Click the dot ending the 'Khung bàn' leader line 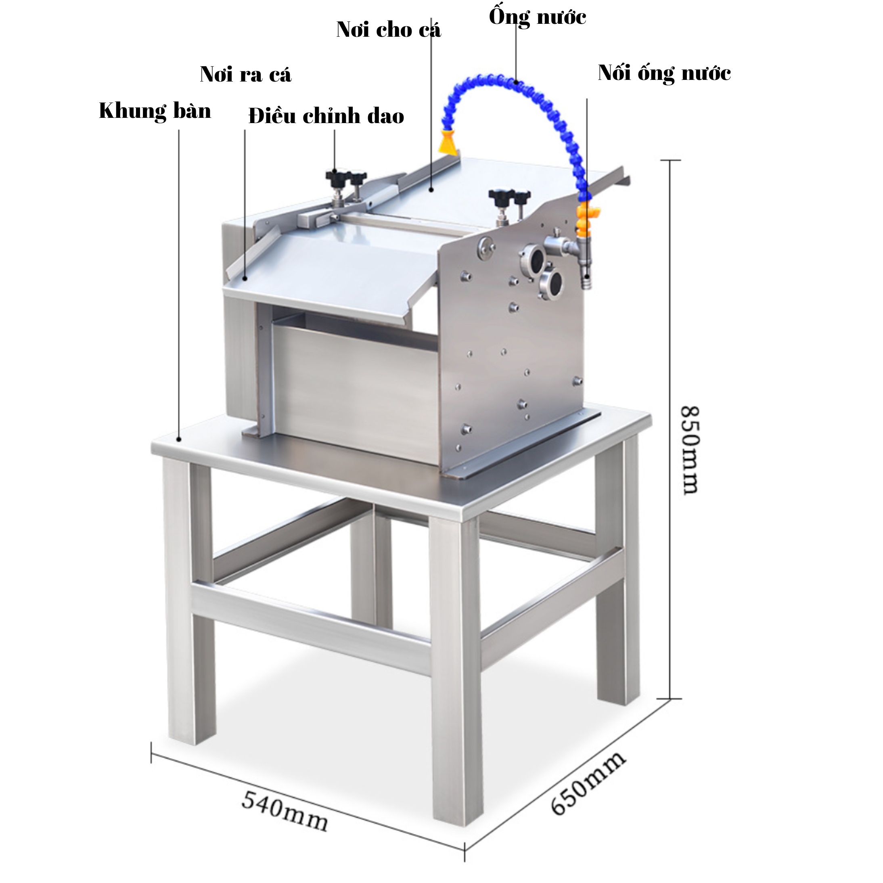(179, 439)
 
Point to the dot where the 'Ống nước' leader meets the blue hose (516, 82)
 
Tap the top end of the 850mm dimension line (670, 161)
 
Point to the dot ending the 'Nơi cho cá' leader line (431, 189)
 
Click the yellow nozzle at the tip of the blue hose (447, 142)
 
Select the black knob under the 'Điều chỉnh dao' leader (335, 176)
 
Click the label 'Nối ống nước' (665, 73)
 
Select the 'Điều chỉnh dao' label (326, 116)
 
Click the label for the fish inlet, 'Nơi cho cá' (389, 30)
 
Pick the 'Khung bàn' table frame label (155, 111)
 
